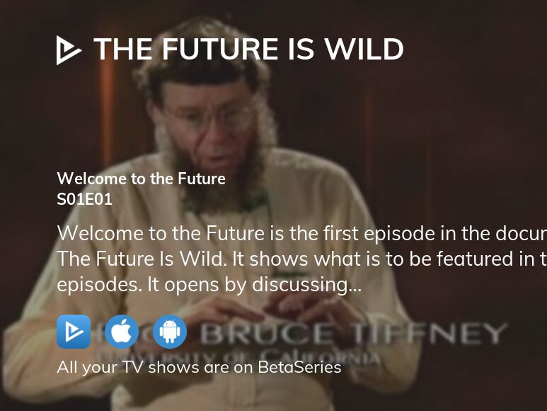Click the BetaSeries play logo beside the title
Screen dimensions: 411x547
(x=69, y=50)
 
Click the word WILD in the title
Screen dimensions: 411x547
(x=364, y=50)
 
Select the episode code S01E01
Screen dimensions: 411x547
(x=84, y=199)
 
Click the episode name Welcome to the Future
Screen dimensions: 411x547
(x=141, y=179)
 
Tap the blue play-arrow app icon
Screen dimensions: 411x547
(x=74, y=332)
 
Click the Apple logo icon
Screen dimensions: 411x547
(x=122, y=332)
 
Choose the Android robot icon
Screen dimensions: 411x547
(x=170, y=332)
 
